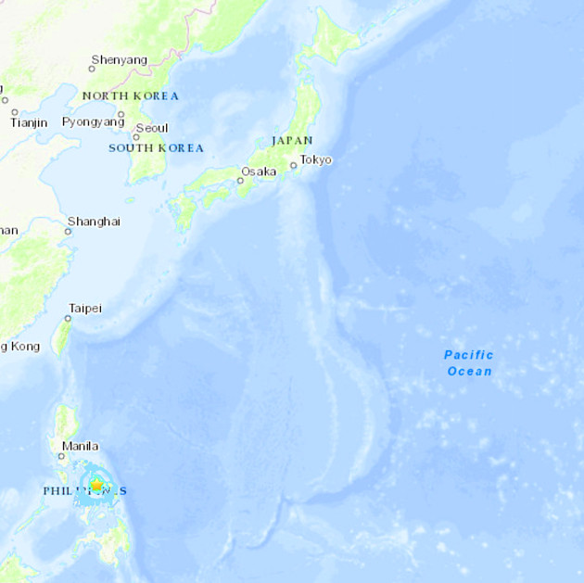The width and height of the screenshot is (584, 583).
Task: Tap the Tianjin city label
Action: [28, 122]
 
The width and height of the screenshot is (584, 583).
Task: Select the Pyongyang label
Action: [93, 121]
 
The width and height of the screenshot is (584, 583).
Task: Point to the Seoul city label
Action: [152, 129]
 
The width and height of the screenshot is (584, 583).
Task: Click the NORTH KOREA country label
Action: [130, 95]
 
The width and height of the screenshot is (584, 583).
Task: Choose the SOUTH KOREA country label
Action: [156, 147]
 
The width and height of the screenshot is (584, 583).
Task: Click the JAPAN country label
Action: [292, 140]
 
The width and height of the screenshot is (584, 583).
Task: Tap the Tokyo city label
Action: [315, 159]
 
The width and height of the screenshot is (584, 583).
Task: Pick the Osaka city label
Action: [259, 171]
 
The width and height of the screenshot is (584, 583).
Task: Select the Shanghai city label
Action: [94, 222]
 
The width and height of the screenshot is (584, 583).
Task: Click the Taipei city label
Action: [84, 308]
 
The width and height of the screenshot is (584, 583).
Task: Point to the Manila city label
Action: [80, 446]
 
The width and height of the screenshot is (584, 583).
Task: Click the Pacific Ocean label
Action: [469, 362]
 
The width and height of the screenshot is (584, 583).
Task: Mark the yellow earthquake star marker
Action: [96, 485]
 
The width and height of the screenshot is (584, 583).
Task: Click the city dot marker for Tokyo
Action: [293, 166]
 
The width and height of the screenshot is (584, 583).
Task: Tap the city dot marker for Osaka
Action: [240, 181]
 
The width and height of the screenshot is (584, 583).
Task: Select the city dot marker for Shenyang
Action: [93, 70]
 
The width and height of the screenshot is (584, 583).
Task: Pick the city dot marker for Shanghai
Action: [68, 231]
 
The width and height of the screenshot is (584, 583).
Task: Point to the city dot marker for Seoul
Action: [135, 137]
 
